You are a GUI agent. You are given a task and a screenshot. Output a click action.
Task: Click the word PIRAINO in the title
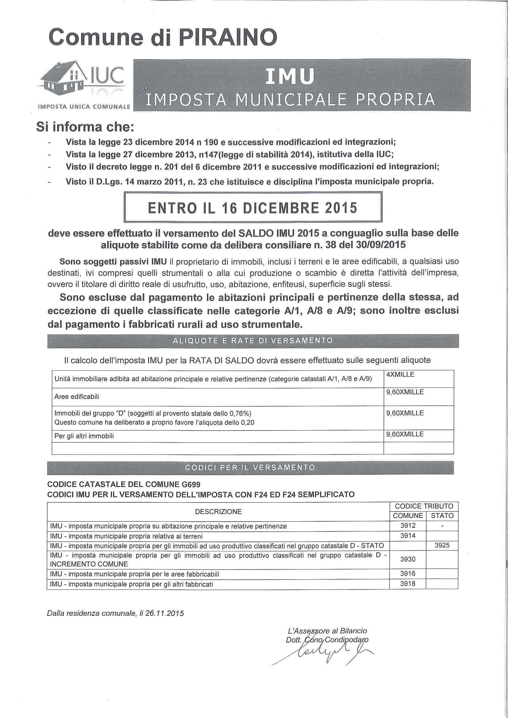[228, 38]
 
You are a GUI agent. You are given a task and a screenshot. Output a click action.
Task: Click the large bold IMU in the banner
[289, 77]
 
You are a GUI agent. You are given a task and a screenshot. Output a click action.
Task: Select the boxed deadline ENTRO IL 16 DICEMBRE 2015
[253, 208]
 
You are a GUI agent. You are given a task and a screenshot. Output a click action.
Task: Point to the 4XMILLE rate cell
[400, 375]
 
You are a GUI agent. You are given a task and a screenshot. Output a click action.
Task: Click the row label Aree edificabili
[77, 397]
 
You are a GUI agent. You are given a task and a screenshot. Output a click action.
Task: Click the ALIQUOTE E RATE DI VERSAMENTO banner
[252, 341]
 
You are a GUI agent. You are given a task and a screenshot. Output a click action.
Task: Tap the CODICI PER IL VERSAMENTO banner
[250, 468]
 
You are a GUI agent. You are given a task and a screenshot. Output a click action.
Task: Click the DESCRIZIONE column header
[218, 511]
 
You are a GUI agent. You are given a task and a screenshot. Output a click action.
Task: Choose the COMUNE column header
[408, 516]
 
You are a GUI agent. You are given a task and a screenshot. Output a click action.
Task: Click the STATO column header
[442, 516]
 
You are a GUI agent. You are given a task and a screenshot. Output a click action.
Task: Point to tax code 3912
[408, 526]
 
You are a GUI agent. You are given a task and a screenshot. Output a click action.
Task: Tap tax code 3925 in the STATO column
[442, 545]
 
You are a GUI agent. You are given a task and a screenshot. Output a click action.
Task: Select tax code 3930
[408, 559]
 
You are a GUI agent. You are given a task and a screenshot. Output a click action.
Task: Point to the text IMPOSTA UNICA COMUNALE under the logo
[83, 107]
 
